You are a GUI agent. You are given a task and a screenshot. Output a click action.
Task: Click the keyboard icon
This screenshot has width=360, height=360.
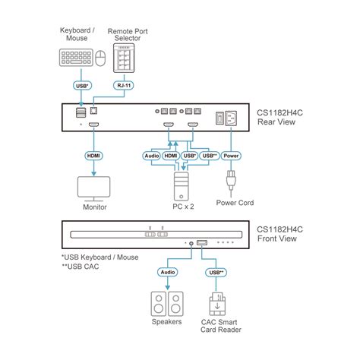coord(74,58)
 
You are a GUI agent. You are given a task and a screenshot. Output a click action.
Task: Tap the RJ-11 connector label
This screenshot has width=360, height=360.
coord(122,86)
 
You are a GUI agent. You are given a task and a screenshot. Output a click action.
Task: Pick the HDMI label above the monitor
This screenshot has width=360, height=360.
coord(93,156)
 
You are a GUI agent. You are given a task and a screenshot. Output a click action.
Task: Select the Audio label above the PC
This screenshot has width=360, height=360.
coord(152,156)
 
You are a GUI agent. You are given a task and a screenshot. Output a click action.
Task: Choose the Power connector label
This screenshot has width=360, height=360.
coord(232,156)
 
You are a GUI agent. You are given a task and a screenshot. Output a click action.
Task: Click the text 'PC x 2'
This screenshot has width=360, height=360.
coord(181,205)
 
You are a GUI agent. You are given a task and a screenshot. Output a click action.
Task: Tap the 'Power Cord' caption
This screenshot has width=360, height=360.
coord(235,203)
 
